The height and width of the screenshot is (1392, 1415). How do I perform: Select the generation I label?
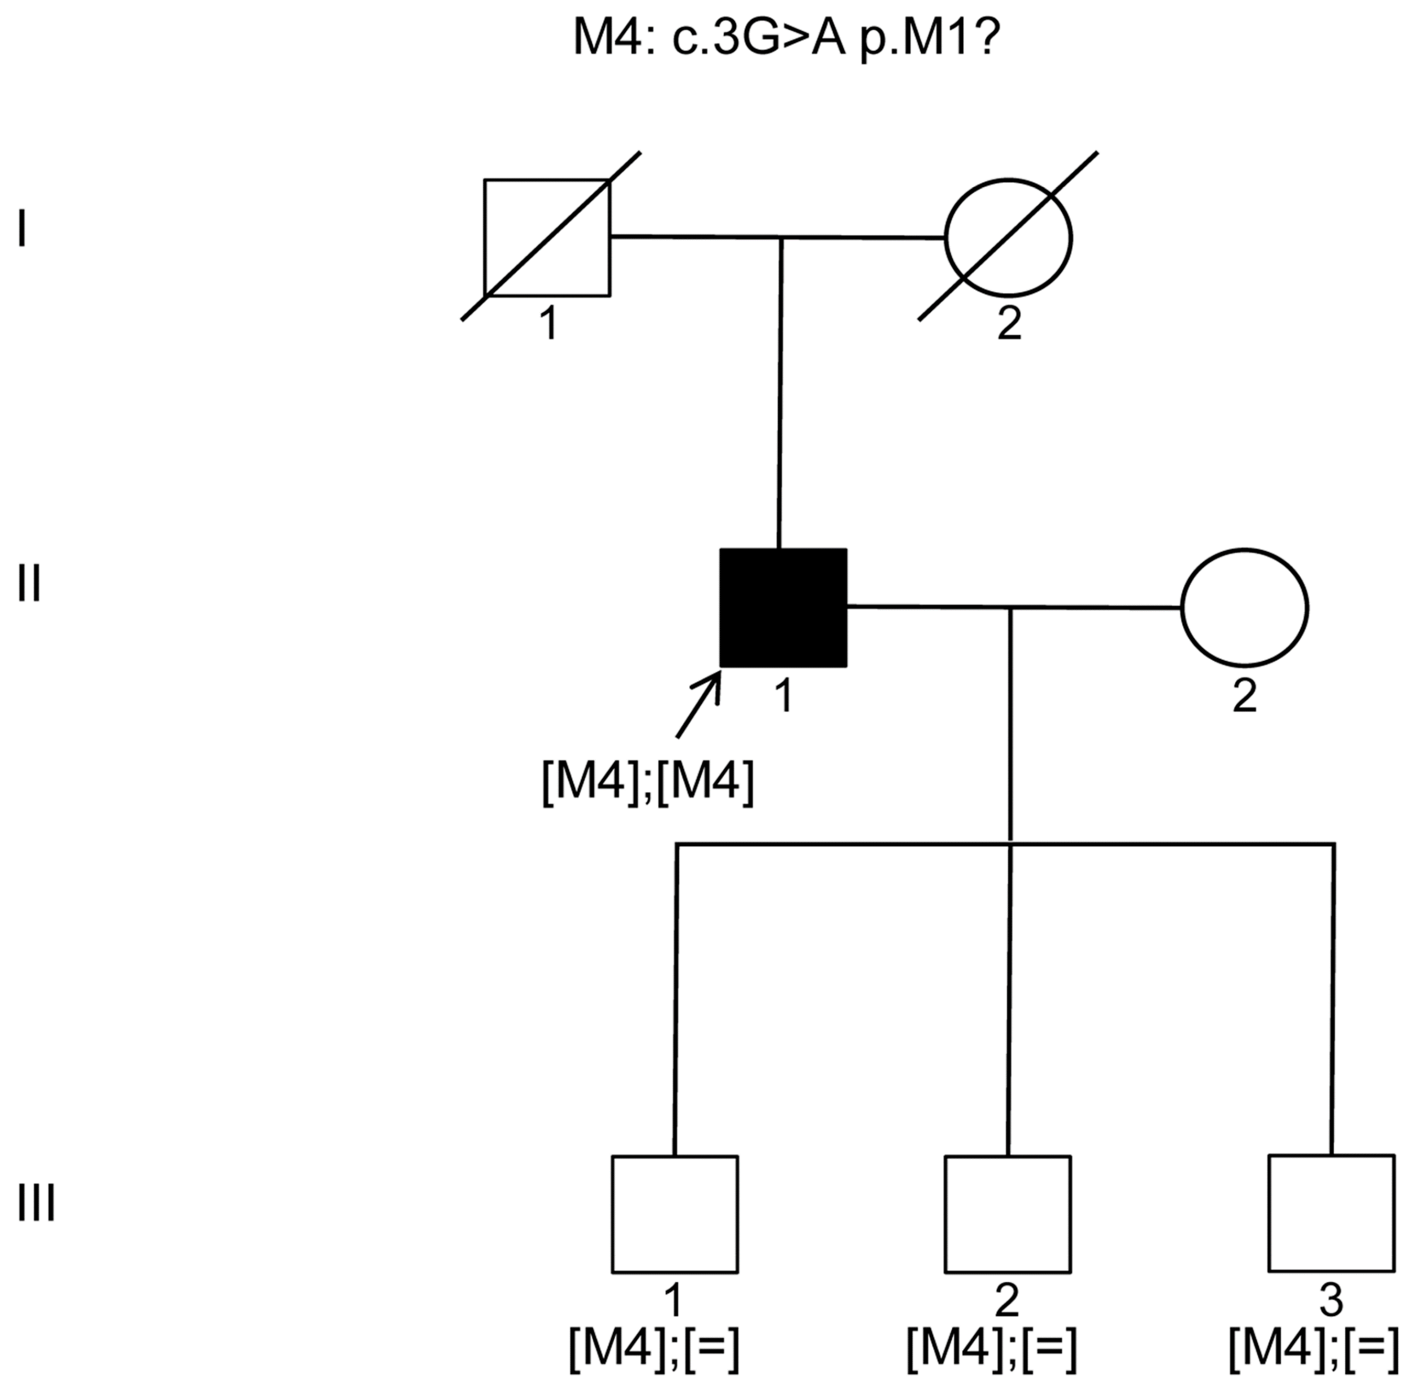(x=23, y=229)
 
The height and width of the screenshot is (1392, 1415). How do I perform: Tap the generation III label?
(x=37, y=1203)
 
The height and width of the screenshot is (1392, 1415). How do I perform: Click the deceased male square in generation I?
(x=547, y=238)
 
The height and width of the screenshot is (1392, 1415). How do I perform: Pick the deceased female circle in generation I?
(x=1008, y=238)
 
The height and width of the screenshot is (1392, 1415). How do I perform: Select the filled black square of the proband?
(x=783, y=608)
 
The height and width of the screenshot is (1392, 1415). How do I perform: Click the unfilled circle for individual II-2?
(x=1244, y=608)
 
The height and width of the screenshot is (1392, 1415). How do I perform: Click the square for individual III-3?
(x=1331, y=1213)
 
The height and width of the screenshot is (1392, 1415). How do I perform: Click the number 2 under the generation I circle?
(x=1009, y=323)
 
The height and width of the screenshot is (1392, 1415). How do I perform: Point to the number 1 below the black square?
(x=784, y=695)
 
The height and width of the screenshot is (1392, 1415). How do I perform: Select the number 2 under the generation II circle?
(x=1244, y=695)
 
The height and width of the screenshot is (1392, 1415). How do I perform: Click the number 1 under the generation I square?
(x=548, y=323)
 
